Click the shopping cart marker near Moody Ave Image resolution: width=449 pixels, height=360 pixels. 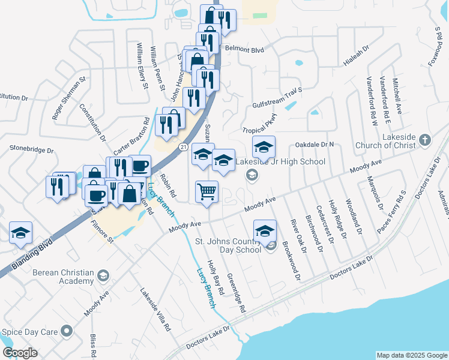point(206,192)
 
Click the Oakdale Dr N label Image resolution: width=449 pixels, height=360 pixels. point(314,145)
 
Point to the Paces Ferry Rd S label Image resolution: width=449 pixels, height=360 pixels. point(392,212)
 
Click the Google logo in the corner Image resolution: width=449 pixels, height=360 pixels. point(20,353)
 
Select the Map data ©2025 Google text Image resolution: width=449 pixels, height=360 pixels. point(411,355)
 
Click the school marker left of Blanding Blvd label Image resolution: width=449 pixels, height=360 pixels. point(20,232)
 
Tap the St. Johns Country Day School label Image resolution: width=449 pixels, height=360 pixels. point(228,245)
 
